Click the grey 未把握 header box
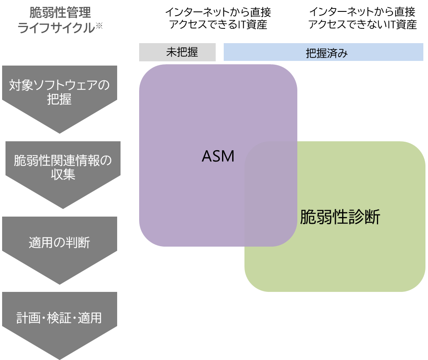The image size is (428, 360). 177,52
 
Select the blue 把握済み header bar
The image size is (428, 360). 323,52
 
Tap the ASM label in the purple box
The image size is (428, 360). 218,156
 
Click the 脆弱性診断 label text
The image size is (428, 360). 340,217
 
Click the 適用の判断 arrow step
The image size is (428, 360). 59,243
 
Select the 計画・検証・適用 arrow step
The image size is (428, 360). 59,318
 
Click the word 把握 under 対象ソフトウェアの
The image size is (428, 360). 59,100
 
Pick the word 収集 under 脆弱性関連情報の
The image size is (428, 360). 63,175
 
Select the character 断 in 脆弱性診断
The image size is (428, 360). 372,217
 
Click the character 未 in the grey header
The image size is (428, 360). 171,52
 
